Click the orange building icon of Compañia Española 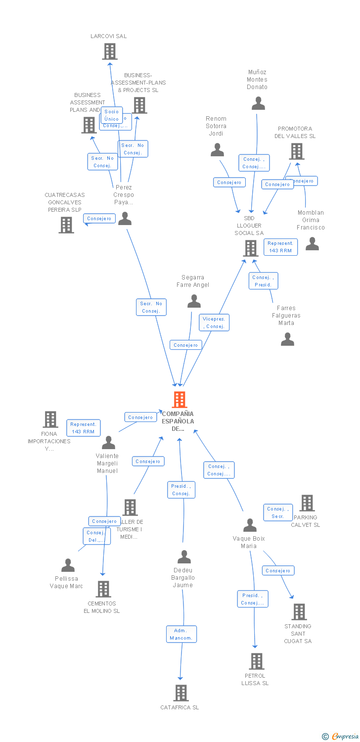click(179, 399)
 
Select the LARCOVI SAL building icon click(109, 51)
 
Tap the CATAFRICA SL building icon click(181, 693)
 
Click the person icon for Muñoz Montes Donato click(258, 103)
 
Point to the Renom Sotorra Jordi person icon click(217, 150)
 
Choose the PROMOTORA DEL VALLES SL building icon click(296, 151)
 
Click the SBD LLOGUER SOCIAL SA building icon click(251, 248)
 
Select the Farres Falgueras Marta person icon click(287, 339)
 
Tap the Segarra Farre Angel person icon click(194, 301)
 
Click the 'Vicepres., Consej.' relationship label click(215, 323)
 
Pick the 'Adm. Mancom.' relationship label click(181, 634)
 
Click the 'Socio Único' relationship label click(112, 115)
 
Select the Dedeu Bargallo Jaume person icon click(184, 557)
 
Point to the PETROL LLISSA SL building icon click(256, 661)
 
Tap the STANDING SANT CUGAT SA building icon click(299, 612)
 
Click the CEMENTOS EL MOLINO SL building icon click(103, 589)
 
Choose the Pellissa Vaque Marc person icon click(68, 565)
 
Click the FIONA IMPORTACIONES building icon click(50, 419)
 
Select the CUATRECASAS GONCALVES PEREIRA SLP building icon click(66, 225)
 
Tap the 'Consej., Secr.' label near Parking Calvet click(277, 512)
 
